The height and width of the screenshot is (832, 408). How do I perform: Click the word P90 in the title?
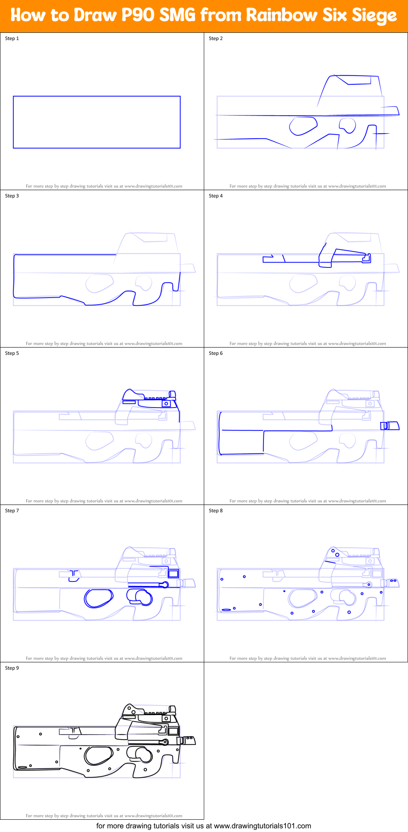[x=138, y=15]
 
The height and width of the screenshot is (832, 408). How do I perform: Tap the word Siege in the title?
[x=374, y=15]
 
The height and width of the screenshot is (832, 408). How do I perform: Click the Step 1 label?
[x=12, y=38]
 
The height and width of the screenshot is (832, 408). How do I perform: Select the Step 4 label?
[x=216, y=196]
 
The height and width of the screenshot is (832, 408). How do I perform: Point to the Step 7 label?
[x=12, y=511]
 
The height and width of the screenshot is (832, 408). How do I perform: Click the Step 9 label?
[x=12, y=668]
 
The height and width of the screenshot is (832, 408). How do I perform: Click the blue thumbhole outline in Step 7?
[x=98, y=598]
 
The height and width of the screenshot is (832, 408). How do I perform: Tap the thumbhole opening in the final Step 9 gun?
[x=98, y=756]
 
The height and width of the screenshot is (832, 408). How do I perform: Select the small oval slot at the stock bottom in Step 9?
[x=22, y=767]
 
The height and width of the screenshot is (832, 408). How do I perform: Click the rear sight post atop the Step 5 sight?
[x=172, y=394]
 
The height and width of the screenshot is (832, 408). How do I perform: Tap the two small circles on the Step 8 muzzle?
[x=393, y=581]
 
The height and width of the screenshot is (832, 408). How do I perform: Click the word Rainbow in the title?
[x=281, y=15]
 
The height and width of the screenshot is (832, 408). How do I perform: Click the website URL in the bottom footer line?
[x=262, y=826]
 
